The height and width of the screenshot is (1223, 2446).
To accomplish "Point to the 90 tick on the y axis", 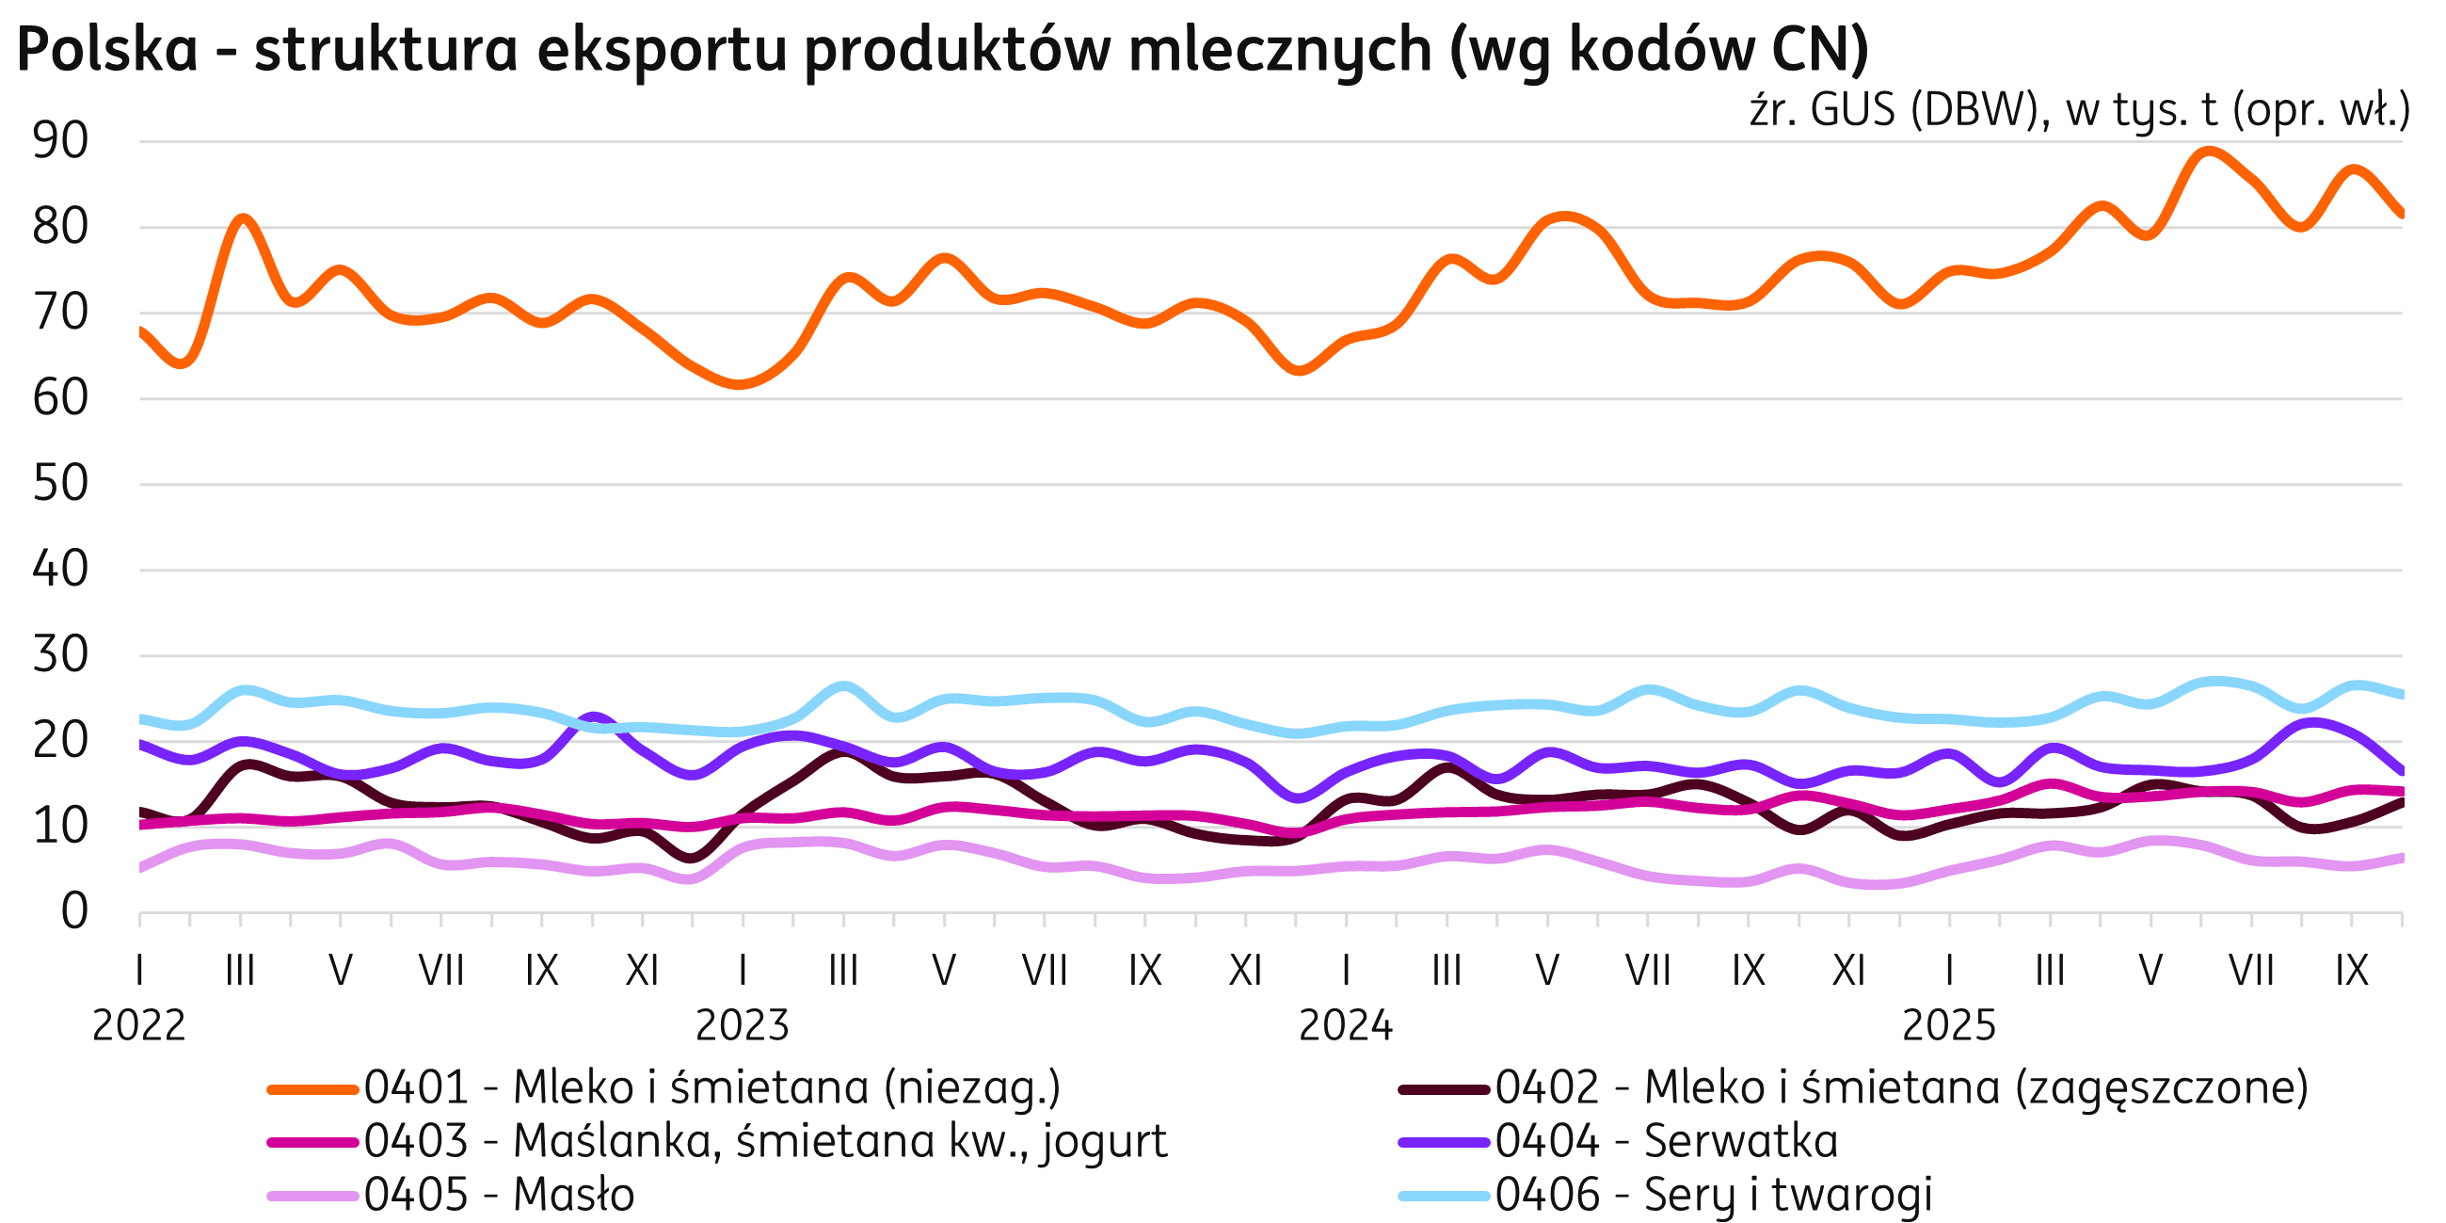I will click(60, 141).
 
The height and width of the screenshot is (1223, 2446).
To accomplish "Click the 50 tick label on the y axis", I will click(60, 484).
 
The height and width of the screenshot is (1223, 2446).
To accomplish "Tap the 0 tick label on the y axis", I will click(74, 912).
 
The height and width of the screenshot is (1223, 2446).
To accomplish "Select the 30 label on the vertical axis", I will click(60, 655).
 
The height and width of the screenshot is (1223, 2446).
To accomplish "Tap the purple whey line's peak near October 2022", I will click(595, 716).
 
